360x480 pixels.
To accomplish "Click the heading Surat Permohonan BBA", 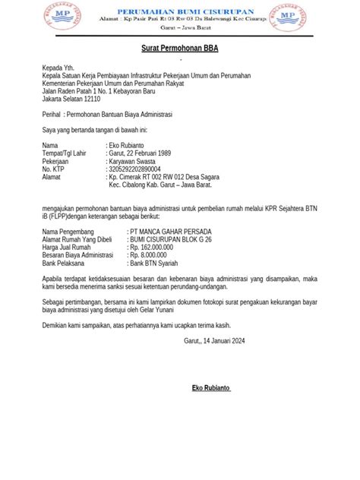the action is tap(178, 47).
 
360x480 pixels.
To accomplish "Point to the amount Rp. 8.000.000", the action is tap(152, 255).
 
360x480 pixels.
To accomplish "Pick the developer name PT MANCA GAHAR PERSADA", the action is tap(172, 230).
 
